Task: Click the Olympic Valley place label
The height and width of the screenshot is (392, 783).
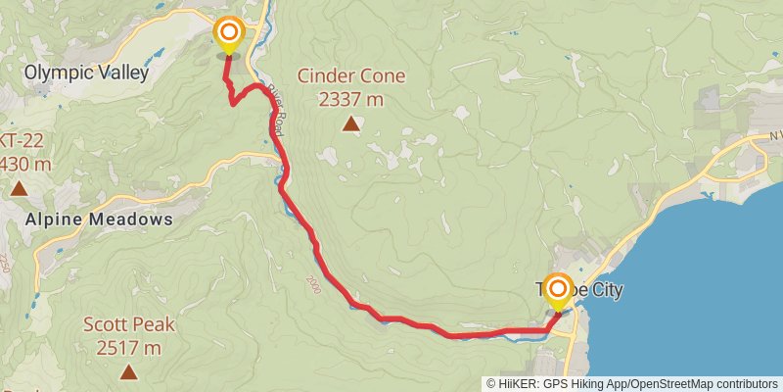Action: (86, 73)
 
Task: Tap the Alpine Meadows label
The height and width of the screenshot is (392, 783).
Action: (100, 219)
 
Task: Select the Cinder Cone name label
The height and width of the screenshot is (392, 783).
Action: (350, 76)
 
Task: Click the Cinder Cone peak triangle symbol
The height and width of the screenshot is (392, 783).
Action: (350, 123)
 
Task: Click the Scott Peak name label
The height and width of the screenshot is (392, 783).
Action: (128, 324)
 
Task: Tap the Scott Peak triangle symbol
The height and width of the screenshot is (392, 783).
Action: (128, 371)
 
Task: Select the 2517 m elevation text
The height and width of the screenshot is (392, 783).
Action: (128, 347)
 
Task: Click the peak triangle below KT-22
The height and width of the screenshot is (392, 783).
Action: (17, 187)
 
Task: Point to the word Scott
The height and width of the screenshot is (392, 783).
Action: (104, 324)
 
